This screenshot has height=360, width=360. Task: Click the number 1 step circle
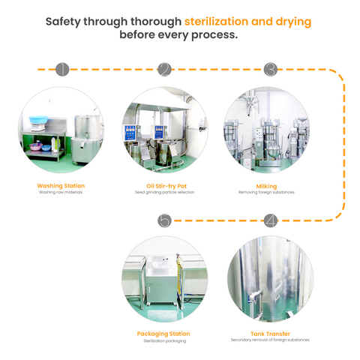(x=62, y=69)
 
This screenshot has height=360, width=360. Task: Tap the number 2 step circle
(x=164, y=69)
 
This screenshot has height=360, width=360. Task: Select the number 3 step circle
(x=271, y=69)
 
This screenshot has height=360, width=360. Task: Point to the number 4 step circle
(x=271, y=220)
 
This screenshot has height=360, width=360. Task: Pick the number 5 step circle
(x=164, y=220)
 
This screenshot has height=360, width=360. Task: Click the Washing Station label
(x=61, y=186)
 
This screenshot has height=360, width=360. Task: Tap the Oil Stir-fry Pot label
(x=166, y=186)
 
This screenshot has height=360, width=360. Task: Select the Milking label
(x=266, y=186)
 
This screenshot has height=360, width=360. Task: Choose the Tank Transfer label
(x=270, y=334)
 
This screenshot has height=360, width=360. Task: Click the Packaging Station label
(x=163, y=334)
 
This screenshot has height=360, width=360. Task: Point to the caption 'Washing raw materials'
(x=61, y=192)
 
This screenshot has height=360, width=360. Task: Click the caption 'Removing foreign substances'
(x=266, y=192)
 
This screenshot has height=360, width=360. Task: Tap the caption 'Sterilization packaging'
(x=165, y=340)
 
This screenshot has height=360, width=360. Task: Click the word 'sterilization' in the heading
(x=216, y=22)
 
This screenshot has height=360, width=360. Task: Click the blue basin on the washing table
(x=38, y=119)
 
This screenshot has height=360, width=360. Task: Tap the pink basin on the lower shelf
(x=36, y=146)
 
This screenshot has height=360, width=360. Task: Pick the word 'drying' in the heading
(x=293, y=22)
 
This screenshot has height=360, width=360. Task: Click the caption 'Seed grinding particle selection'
(x=165, y=192)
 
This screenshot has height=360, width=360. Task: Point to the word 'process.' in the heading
(x=214, y=35)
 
